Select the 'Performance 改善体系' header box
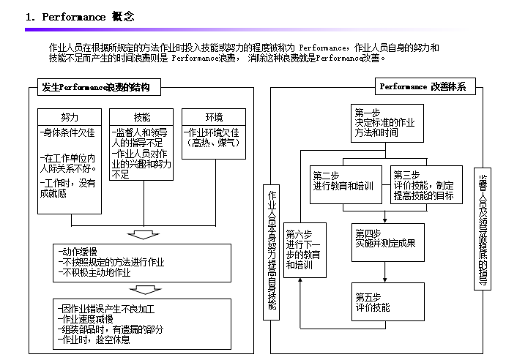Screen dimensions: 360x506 click(x=427, y=87)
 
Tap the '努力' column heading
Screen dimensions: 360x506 click(x=70, y=117)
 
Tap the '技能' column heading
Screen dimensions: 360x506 click(x=142, y=117)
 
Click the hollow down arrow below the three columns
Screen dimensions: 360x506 click(x=142, y=234)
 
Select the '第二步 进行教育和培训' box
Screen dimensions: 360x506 click(x=345, y=181)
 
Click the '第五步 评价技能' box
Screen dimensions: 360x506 click(x=387, y=301)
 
